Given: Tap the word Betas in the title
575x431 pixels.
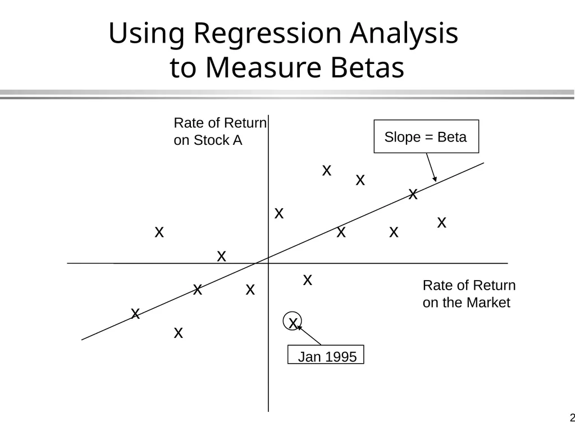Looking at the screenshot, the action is (x=367, y=67).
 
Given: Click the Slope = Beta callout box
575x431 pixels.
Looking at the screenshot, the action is (x=426, y=136).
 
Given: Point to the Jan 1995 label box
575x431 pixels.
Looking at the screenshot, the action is (x=326, y=355).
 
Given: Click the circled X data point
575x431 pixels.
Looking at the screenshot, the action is (x=292, y=322).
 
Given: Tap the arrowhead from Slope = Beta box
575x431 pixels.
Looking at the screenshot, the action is (x=435, y=178).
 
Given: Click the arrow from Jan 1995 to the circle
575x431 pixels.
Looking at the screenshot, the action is (x=309, y=335).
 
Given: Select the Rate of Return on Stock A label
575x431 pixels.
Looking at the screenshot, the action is (x=220, y=131).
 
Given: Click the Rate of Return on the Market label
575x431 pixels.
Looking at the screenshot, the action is (x=469, y=294).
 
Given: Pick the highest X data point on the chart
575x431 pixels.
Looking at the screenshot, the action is (x=327, y=171).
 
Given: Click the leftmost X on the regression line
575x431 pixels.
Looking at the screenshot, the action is (x=135, y=314).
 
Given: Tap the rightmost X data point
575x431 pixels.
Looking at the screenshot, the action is (x=441, y=222).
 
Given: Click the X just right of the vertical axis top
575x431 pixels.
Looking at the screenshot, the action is (x=279, y=213).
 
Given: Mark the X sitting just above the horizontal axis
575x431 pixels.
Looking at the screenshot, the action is (x=221, y=256).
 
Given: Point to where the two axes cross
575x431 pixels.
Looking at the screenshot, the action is (x=268, y=263).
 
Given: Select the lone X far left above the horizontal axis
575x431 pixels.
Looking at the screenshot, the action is (x=159, y=232).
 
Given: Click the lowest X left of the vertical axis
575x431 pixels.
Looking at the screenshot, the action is (x=178, y=333).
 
